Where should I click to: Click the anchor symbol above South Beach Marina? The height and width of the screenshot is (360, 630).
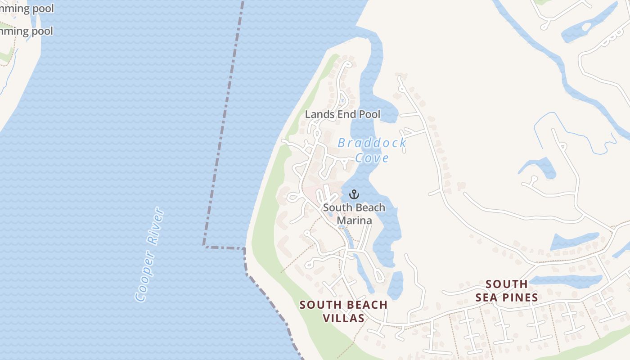tap(354, 194)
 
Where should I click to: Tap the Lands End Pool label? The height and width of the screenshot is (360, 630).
tap(342, 114)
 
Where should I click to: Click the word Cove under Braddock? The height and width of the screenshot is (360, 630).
tap(372, 158)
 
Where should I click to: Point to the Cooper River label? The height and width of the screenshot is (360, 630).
tap(149, 254)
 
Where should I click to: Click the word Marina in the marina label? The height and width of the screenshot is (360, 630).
tap(354, 220)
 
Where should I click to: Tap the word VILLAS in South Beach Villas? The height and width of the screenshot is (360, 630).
tap(344, 318)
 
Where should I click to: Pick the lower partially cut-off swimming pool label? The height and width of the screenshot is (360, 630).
tap(27, 31)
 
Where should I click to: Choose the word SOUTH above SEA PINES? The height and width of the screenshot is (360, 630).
tap(507, 284)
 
